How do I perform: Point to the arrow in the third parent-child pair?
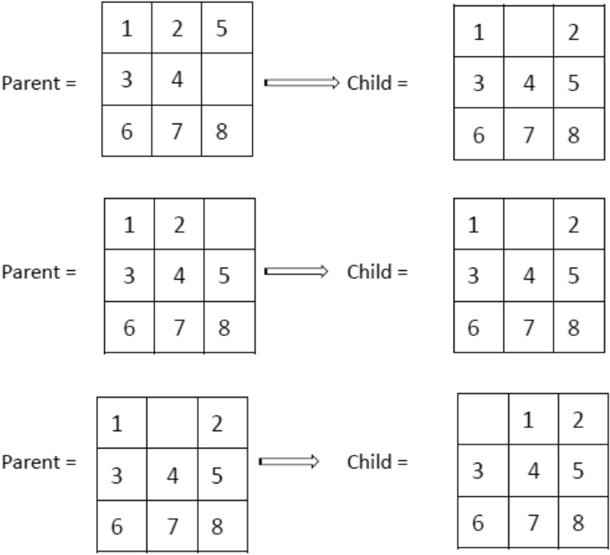pos(289,461)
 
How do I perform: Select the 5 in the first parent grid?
pos(222,29)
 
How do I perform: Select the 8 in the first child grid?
pos(574,136)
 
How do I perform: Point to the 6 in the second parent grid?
pos(129,327)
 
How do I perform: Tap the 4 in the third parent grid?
pos(173,477)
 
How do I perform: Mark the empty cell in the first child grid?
pos(527,33)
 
